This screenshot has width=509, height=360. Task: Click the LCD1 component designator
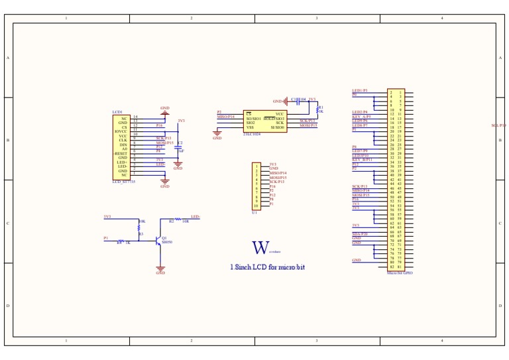coord(117,112)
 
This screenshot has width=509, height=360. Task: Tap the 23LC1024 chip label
coord(253,133)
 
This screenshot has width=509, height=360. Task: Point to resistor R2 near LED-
coord(178,219)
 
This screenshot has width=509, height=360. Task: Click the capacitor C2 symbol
coord(178,147)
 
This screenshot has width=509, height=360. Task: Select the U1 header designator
coord(254,212)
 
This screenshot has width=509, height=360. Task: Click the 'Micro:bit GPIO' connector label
coord(400,272)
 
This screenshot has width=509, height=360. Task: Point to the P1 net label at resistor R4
coord(106,237)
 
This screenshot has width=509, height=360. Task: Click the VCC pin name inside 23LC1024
coord(279,114)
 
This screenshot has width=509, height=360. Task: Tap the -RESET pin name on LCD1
coord(121,153)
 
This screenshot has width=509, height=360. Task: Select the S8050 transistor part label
coord(168,242)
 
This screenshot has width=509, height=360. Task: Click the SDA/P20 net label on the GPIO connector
coord(361,234)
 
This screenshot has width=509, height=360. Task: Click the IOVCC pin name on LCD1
coord(120,131)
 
